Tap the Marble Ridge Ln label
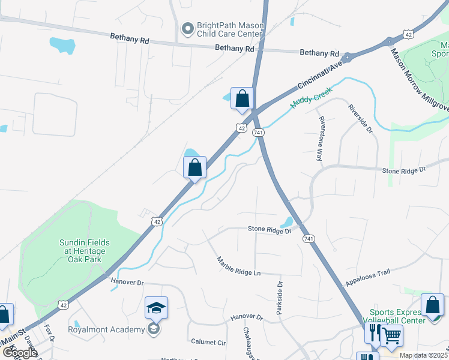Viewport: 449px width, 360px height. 239,266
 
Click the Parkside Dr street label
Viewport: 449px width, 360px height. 279,296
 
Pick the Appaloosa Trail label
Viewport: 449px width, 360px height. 369,277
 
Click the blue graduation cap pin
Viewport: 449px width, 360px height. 156,308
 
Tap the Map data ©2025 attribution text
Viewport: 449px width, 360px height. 423,355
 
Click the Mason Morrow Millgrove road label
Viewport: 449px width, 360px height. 420,82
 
